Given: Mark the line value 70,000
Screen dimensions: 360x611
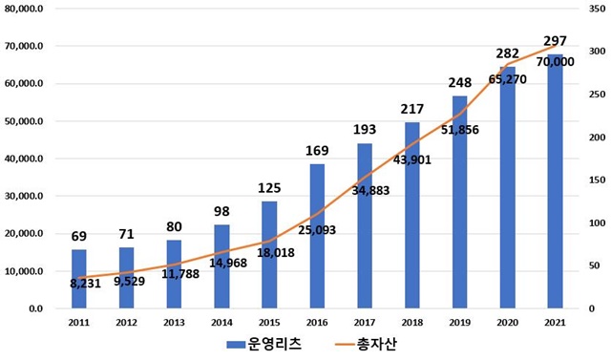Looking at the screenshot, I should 555,61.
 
